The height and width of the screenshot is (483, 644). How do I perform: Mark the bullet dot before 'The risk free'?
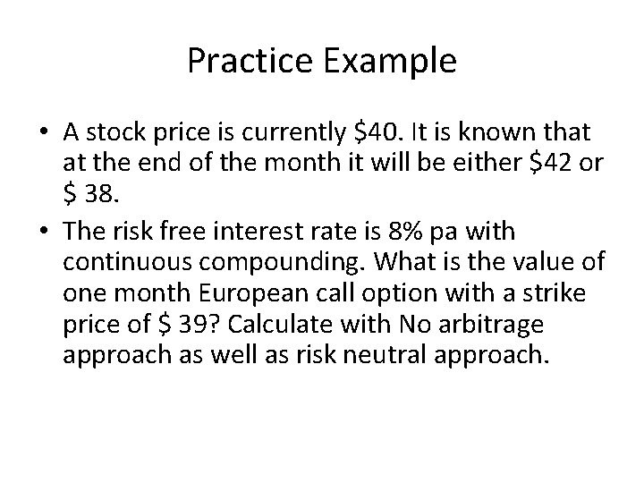[45, 233]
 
